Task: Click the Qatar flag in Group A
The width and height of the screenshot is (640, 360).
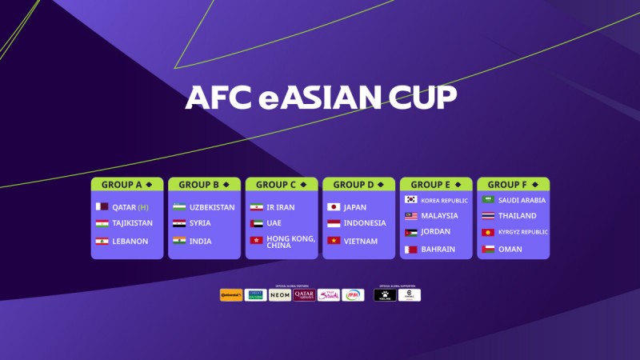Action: pyautogui.click(x=102, y=206)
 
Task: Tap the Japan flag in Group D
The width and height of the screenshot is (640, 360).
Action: pyautogui.click(x=334, y=206)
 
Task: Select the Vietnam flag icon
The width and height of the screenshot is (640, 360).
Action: pyautogui.click(x=334, y=241)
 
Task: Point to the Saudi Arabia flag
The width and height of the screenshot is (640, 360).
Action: pyautogui.click(x=487, y=200)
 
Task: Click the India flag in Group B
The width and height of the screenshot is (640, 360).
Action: pyautogui.click(x=179, y=241)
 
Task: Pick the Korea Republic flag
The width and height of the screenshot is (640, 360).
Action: pyautogui.click(x=410, y=200)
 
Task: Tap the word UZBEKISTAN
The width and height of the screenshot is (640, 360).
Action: pyautogui.click(x=212, y=207)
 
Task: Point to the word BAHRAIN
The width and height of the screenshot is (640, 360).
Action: pyautogui.click(x=438, y=250)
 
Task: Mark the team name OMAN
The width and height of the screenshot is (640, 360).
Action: pyautogui.click(x=510, y=250)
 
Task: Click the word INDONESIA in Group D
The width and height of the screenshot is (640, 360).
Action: pyautogui.click(x=364, y=224)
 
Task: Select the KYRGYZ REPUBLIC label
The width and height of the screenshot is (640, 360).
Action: pyautogui.click(x=522, y=232)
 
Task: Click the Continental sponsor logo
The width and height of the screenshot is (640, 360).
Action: pyautogui.click(x=231, y=295)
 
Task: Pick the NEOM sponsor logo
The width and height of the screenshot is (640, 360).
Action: pyautogui.click(x=280, y=295)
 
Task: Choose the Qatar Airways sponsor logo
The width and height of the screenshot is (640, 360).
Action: pyautogui.click(x=304, y=295)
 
